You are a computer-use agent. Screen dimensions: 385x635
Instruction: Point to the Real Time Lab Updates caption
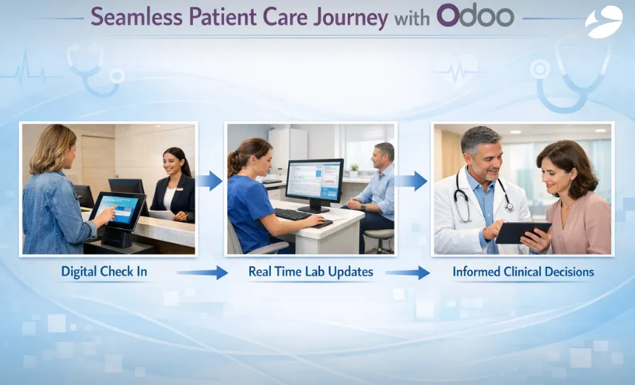point(310,272)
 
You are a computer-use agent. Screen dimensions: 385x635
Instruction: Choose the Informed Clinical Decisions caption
point(523,272)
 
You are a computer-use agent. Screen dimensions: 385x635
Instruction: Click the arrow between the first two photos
point(210,181)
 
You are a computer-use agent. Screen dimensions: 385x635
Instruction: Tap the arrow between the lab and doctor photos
point(411,181)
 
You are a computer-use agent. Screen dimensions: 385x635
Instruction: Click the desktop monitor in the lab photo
point(314,182)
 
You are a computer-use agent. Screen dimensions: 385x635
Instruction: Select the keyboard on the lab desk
point(293,214)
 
